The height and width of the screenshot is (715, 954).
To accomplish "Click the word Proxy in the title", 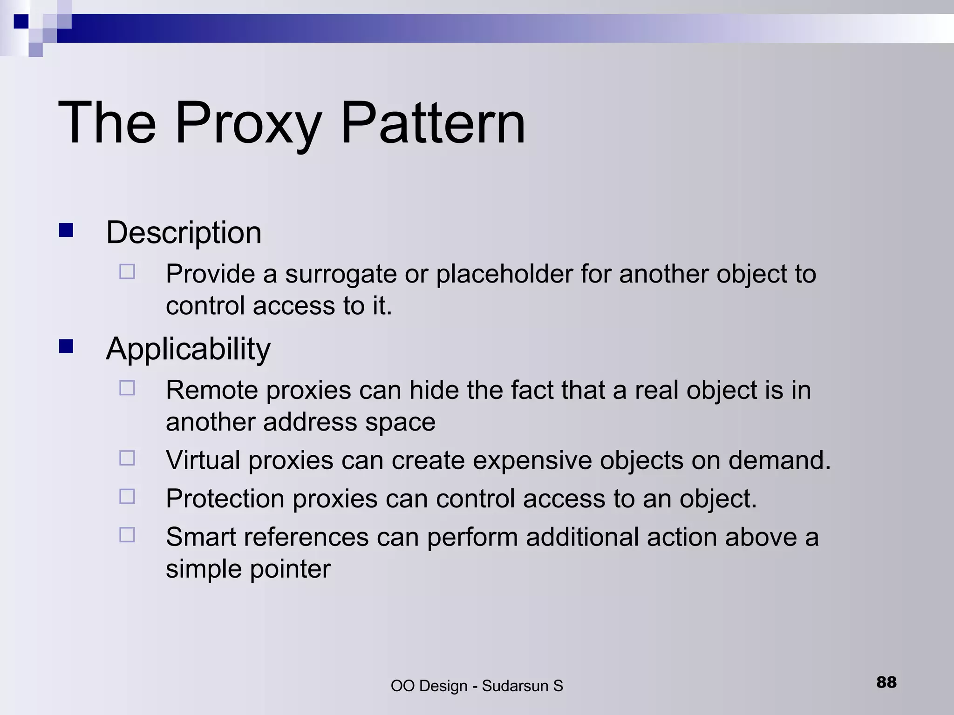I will click(x=248, y=124).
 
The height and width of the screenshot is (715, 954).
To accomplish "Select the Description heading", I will click(x=184, y=232).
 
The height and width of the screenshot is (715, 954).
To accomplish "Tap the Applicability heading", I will click(x=188, y=349).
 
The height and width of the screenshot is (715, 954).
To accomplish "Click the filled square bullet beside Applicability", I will click(x=66, y=347).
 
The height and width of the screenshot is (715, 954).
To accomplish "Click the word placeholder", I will click(x=504, y=274).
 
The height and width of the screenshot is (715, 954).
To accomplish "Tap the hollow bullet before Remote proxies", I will click(x=127, y=388).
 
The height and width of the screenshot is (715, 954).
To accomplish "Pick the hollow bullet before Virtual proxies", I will click(x=127, y=458).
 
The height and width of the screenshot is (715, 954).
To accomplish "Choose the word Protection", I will click(x=225, y=499).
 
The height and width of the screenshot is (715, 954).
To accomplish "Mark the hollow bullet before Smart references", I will click(x=127, y=535).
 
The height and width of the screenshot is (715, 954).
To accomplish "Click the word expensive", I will click(x=532, y=460).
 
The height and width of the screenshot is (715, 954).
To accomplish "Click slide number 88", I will click(x=886, y=682).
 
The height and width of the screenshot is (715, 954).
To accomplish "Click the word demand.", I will click(x=779, y=460).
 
